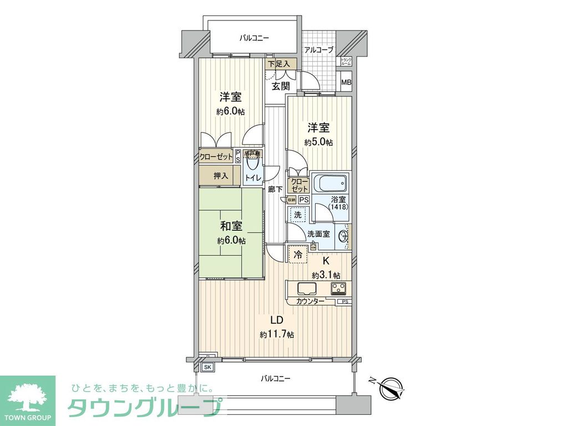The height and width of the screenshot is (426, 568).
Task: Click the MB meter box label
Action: point(346,83)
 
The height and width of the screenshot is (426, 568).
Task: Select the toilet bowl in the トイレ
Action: point(253,163)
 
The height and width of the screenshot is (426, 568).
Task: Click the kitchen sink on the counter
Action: point(307,288)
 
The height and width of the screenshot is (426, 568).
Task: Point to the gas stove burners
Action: point(338,288)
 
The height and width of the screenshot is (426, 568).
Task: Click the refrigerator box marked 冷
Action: point(298,256)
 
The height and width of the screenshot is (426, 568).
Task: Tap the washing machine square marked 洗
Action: point(297,215)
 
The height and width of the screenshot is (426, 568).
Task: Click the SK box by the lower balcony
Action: point(207,367)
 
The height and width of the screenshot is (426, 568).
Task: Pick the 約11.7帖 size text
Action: point(277,334)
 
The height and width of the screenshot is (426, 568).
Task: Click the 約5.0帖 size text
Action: point(318,142)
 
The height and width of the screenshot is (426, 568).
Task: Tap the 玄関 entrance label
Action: point(281,86)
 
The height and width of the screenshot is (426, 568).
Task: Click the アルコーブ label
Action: point(319,50)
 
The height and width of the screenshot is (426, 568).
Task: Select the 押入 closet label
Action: point(221,176)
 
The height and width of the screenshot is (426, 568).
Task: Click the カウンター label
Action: point(311,301)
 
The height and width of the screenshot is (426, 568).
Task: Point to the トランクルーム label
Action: point(346,62)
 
